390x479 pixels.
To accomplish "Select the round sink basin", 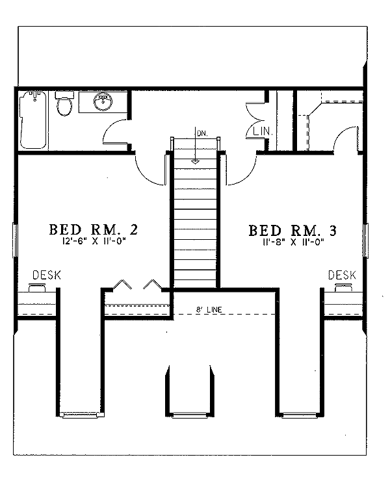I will point(101,103).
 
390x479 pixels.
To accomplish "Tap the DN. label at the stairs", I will point(201,133).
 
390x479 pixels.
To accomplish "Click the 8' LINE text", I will point(208,311).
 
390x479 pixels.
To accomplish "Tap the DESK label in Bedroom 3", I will point(342,276).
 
